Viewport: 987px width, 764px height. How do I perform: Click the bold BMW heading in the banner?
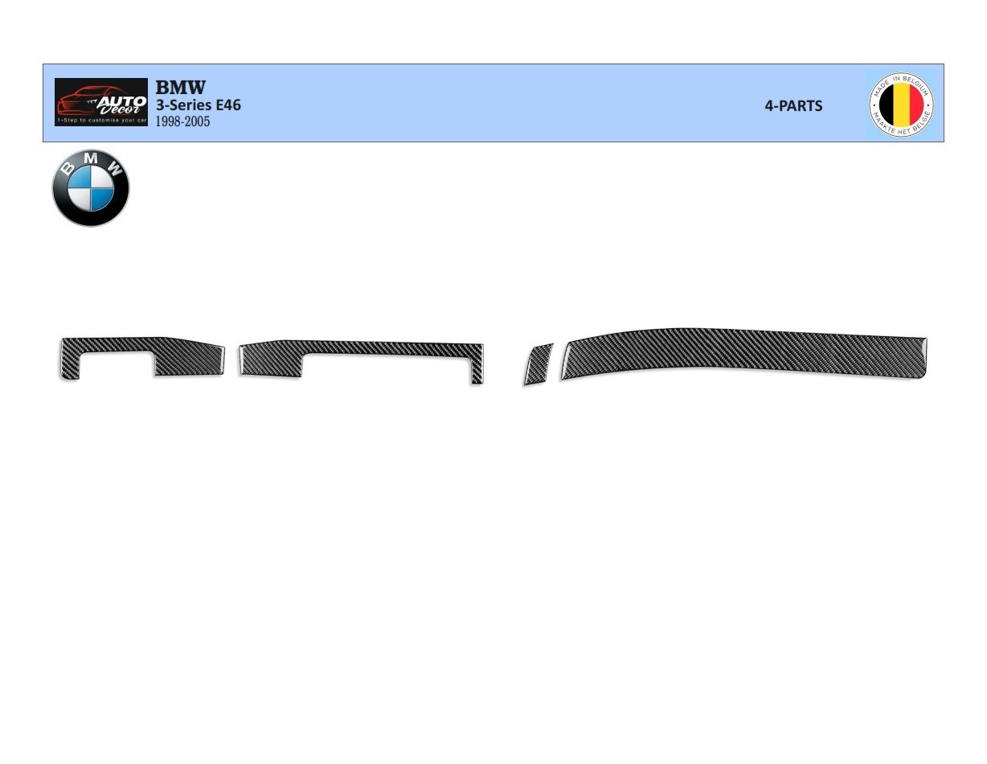180,87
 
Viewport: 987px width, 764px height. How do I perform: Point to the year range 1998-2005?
182,121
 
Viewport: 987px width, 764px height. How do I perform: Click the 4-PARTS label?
793,106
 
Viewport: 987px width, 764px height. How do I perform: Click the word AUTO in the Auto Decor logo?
121,101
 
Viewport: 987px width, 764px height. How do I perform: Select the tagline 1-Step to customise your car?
101,121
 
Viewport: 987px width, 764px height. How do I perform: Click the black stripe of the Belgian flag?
887,105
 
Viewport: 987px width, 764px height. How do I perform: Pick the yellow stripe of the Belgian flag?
901,105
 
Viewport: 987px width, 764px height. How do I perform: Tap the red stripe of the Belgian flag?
915,105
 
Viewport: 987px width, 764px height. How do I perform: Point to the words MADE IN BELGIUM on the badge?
902,81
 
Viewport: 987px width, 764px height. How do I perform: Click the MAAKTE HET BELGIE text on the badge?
902,129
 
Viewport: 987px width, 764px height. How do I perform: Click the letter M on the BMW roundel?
91,159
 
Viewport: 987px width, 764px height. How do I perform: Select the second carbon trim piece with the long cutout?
386,348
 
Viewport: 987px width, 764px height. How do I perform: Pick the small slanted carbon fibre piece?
538,364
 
